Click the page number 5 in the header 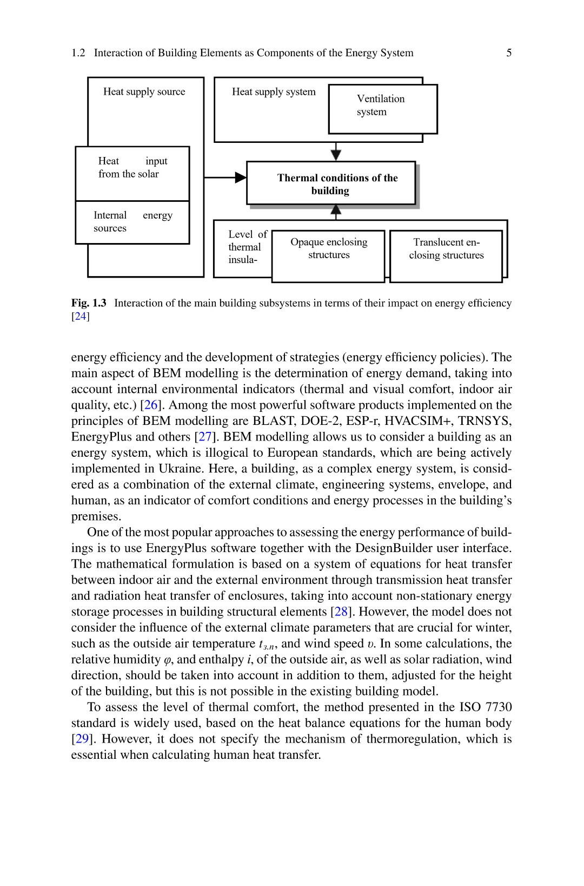click(509, 52)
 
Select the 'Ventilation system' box click(382, 109)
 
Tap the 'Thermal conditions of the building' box click(331, 183)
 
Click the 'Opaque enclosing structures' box click(328, 255)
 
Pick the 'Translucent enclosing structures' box click(446, 255)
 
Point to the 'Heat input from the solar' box click(132, 173)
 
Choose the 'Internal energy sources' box click(132, 222)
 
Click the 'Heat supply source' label click(144, 91)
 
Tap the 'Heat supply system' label click(274, 91)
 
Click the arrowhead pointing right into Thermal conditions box click(241, 178)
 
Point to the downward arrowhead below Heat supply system click(336, 155)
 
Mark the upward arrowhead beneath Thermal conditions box click(336, 209)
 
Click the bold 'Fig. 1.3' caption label click(89, 303)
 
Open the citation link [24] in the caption click(81, 317)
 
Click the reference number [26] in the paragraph click(151, 405)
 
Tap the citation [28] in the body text click(341, 612)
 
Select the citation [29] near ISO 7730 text click(82, 739)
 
